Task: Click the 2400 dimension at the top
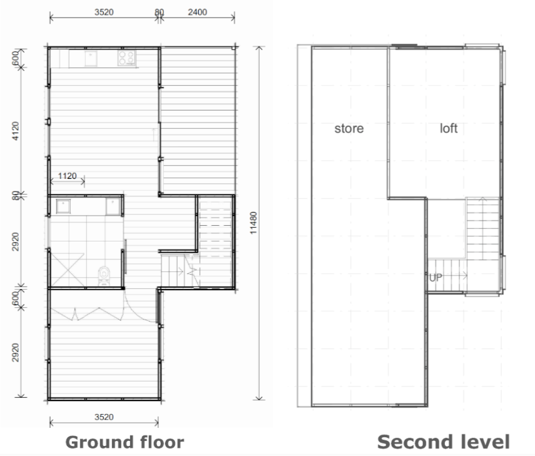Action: (x=197, y=13)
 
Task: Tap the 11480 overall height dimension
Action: (x=253, y=223)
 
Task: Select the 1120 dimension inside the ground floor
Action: (x=67, y=176)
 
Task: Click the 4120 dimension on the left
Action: (x=16, y=131)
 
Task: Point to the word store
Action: (x=349, y=129)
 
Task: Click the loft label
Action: (x=449, y=128)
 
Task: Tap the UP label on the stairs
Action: (x=436, y=278)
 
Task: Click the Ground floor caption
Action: (x=125, y=442)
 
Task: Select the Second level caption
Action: (x=444, y=442)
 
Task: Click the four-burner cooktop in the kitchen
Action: (x=126, y=58)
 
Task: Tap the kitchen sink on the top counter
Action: (x=91, y=58)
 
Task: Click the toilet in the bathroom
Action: (x=104, y=276)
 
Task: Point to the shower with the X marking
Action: (x=68, y=270)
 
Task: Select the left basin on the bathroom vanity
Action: (x=63, y=206)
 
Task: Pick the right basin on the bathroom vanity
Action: (x=113, y=206)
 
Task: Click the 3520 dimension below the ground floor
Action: (x=104, y=417)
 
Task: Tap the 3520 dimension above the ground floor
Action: (x=104, y=13)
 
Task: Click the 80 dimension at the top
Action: (x=159, y=13)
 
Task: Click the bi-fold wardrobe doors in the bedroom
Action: (x=87, y=314)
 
